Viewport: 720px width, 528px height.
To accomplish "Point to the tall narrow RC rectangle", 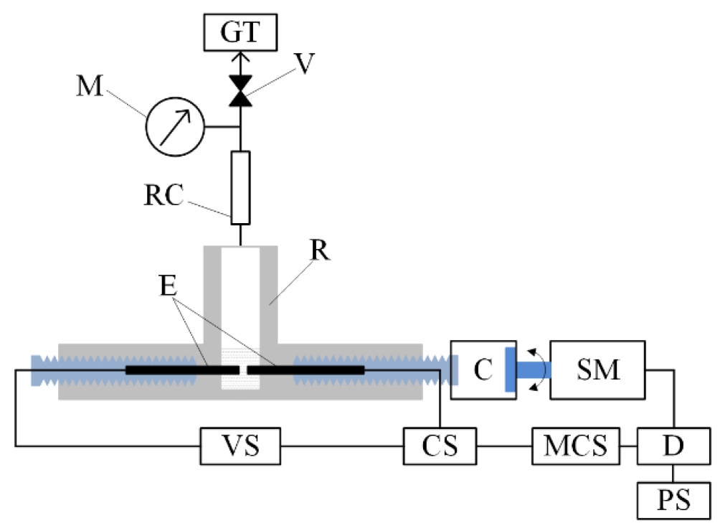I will tap(241, 185).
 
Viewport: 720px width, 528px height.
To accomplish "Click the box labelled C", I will tap(482, 370).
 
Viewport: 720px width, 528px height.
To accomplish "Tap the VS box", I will tap(240, 445).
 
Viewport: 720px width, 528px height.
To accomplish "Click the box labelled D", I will tap(673, 445).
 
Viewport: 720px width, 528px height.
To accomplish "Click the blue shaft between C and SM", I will tap(531, 370).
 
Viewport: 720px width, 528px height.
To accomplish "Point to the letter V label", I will tap(306, 63).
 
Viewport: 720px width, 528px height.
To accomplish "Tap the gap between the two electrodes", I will tap(243, 369).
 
